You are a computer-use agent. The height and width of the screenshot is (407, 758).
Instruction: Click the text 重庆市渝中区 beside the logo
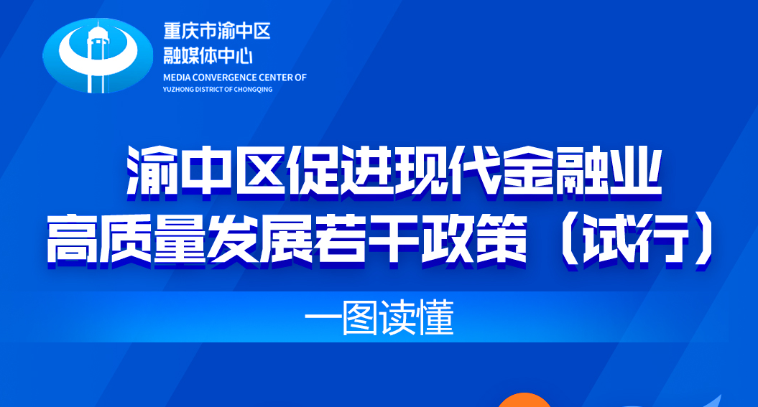216,32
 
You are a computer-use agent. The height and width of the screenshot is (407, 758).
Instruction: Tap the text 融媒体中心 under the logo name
208,55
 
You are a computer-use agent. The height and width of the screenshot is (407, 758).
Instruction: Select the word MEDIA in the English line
177,78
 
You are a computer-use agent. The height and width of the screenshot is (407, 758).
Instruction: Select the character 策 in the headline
501,238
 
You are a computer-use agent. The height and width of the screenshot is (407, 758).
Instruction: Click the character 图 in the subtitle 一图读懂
360,318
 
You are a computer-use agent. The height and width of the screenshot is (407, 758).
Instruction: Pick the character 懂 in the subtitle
436,318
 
